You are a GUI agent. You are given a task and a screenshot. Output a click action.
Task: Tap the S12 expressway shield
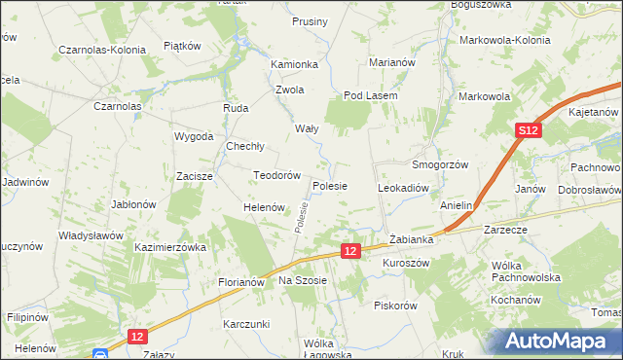point(528,130)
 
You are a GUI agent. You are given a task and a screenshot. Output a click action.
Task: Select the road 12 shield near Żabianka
point(352,251)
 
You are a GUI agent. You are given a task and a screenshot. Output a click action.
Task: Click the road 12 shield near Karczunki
point(137,336)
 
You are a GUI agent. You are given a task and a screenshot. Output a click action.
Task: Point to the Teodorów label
point(275,175)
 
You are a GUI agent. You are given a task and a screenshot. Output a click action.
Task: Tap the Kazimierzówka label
point(171,248)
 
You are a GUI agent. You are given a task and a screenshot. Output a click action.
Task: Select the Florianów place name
point(240,282)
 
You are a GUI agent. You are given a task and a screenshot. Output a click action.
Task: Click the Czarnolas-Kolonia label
point(102,49)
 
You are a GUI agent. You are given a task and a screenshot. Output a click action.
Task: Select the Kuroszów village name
point(406,264)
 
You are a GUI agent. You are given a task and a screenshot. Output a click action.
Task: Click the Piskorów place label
point(395,305)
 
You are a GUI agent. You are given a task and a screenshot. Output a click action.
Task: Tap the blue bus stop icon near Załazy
point(99,355)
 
